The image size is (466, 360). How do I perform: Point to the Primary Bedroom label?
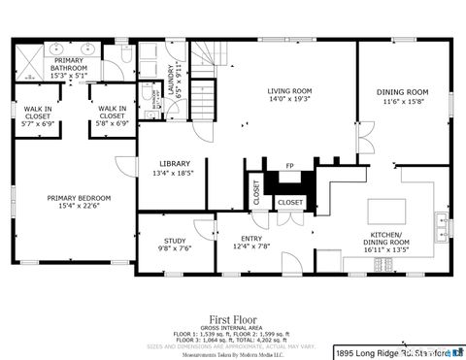click(79, 198)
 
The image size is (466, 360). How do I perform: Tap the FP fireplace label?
click(290, 167)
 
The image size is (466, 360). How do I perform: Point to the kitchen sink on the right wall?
click(443, 225)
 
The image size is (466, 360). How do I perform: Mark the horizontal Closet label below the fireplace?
click(290, 202)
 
